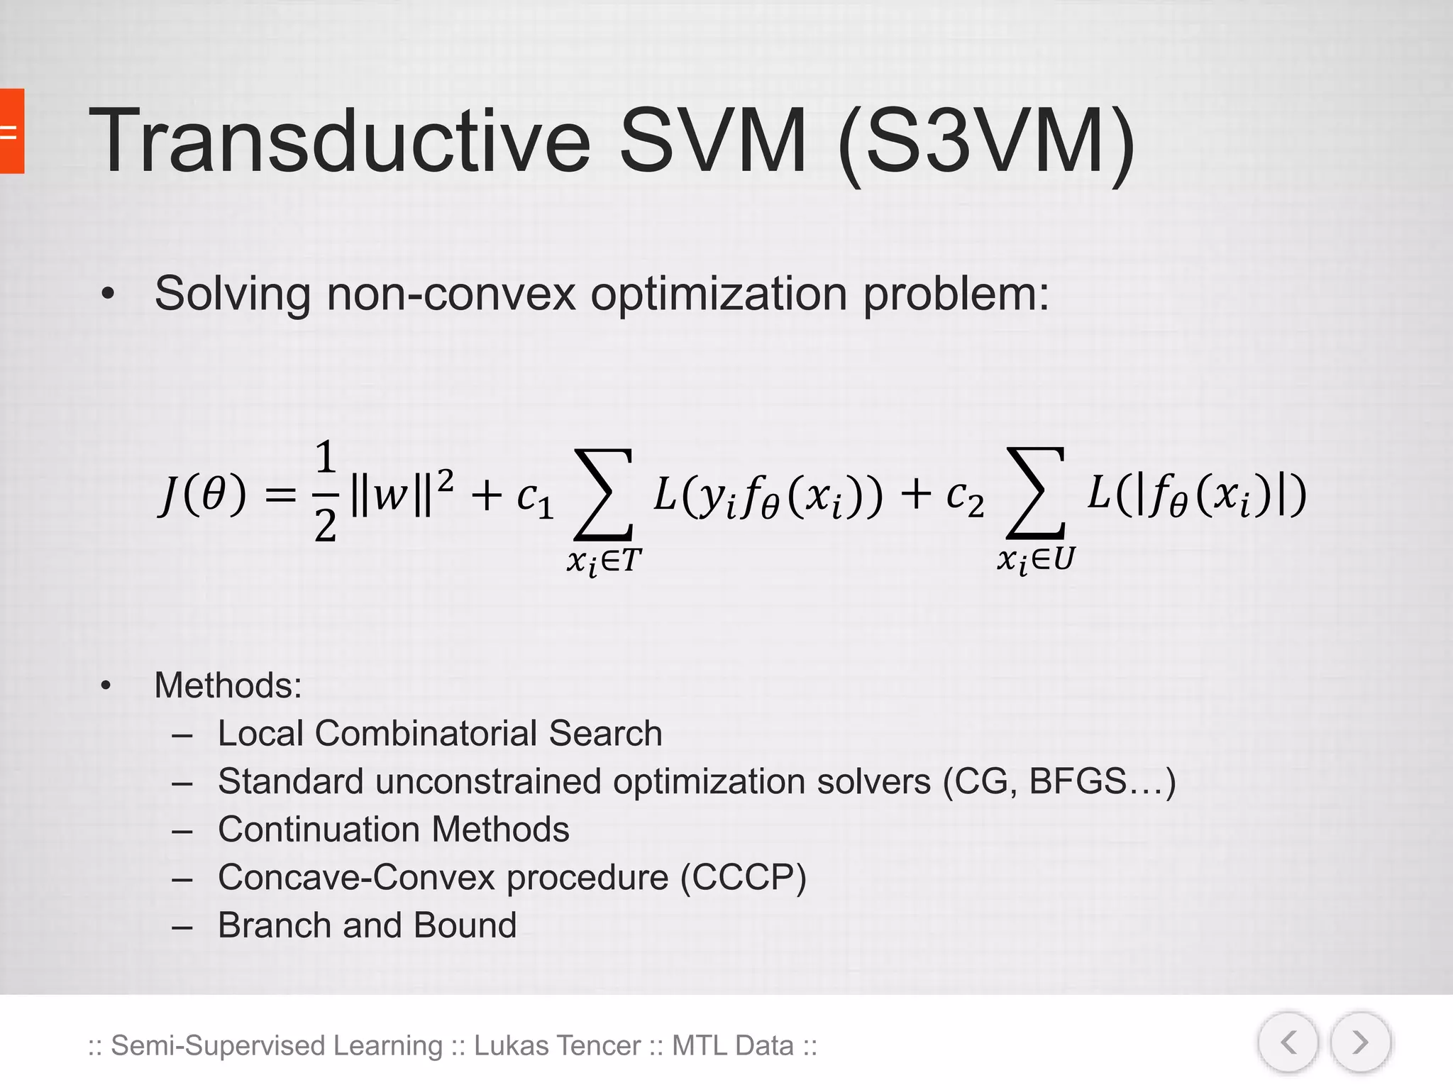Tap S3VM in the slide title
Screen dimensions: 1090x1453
pos(986,140)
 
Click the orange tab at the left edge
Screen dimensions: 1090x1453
pos(11,131)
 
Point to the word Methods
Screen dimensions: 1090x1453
pos(228,686)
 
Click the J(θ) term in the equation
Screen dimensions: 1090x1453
pos(203,495)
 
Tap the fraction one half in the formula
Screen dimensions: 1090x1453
pos(325,491)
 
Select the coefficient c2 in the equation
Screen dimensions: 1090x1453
pos(965,496)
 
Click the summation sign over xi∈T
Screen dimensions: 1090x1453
pos(604,494)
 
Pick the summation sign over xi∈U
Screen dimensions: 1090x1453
pos(1037,492)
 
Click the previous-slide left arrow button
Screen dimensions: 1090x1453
pos(1288,1042)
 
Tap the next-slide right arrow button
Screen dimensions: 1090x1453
pos(1360,1042)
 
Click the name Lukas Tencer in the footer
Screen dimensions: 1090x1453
pos(557,1046)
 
